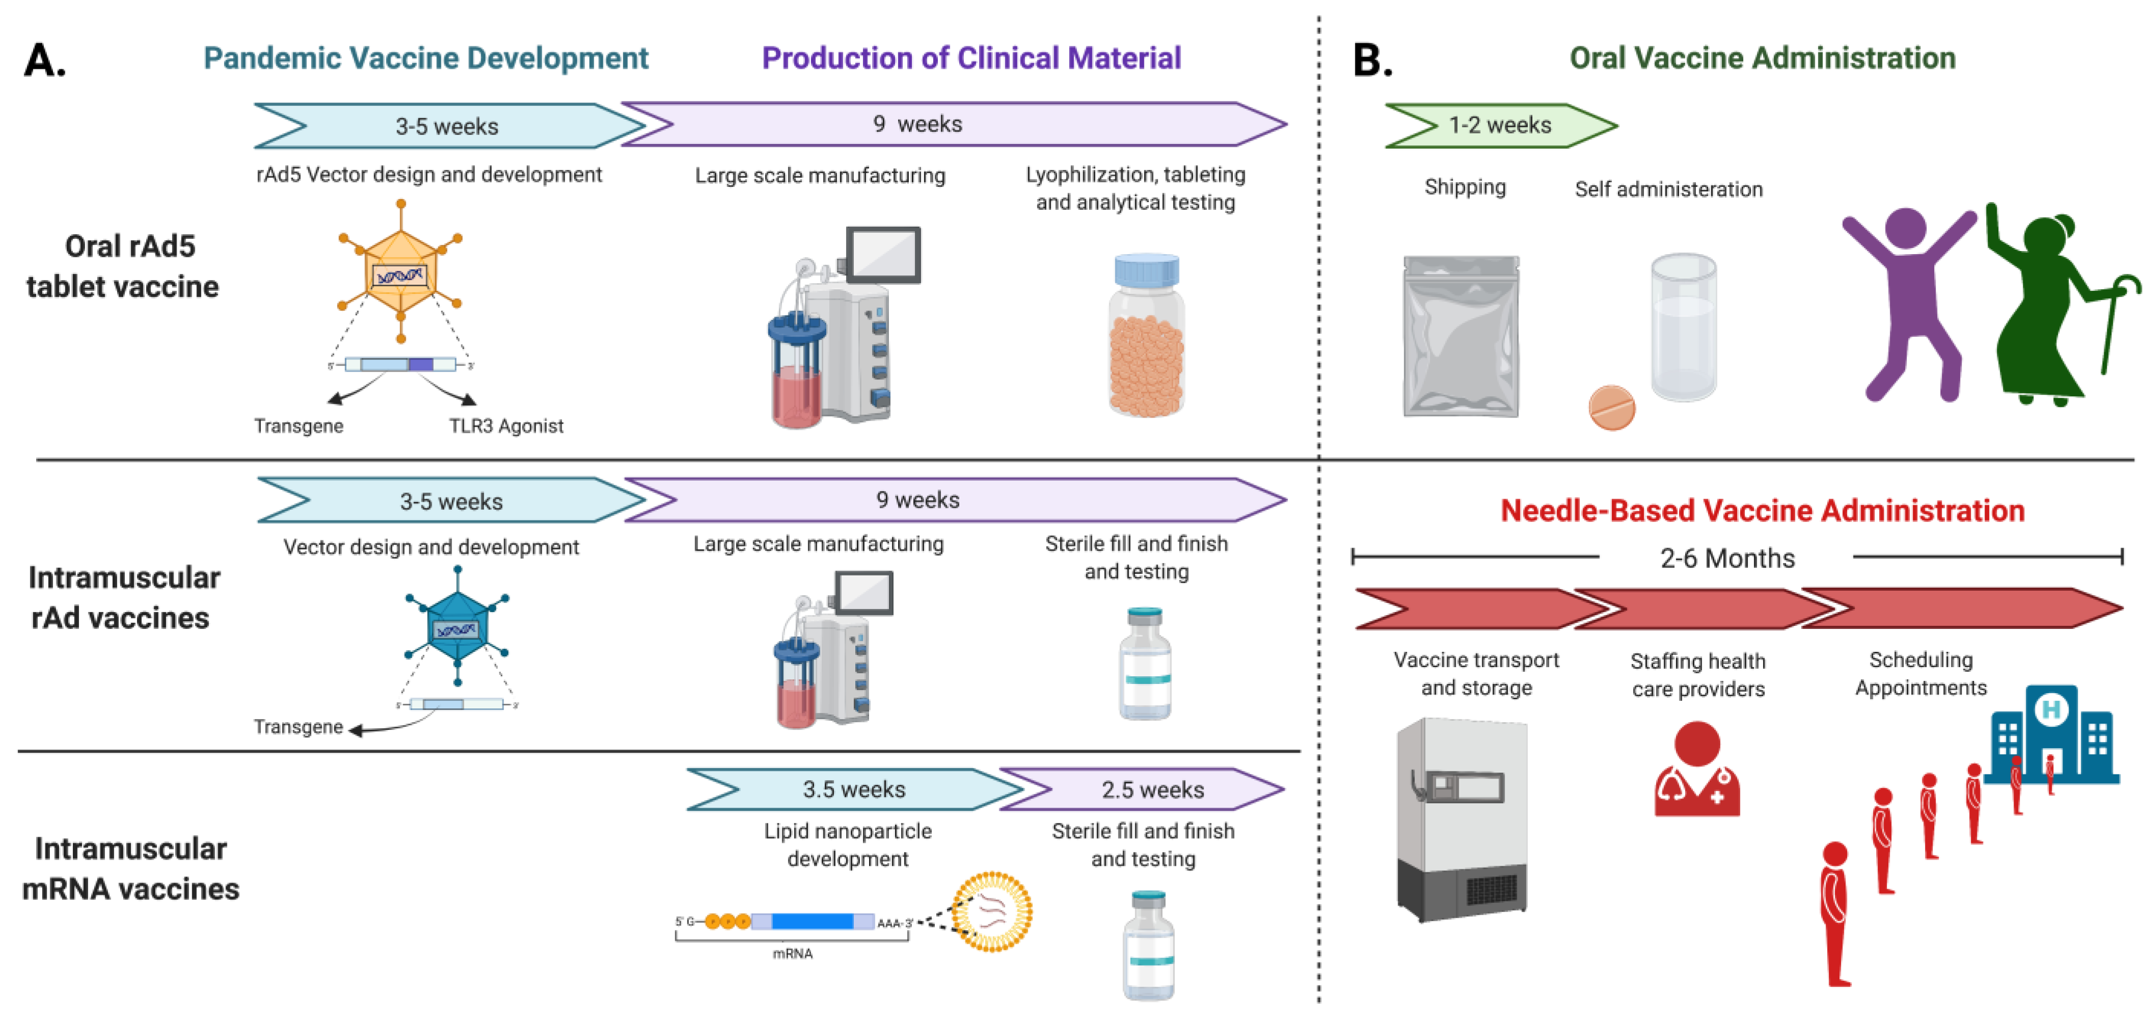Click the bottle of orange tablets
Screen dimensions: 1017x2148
[1147, 338]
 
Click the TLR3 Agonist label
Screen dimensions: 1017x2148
[506, 426]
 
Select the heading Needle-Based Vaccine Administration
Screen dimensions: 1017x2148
[1762, 511]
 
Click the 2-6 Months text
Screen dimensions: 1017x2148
[1727, 558]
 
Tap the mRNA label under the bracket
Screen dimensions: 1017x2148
[792, 953]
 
